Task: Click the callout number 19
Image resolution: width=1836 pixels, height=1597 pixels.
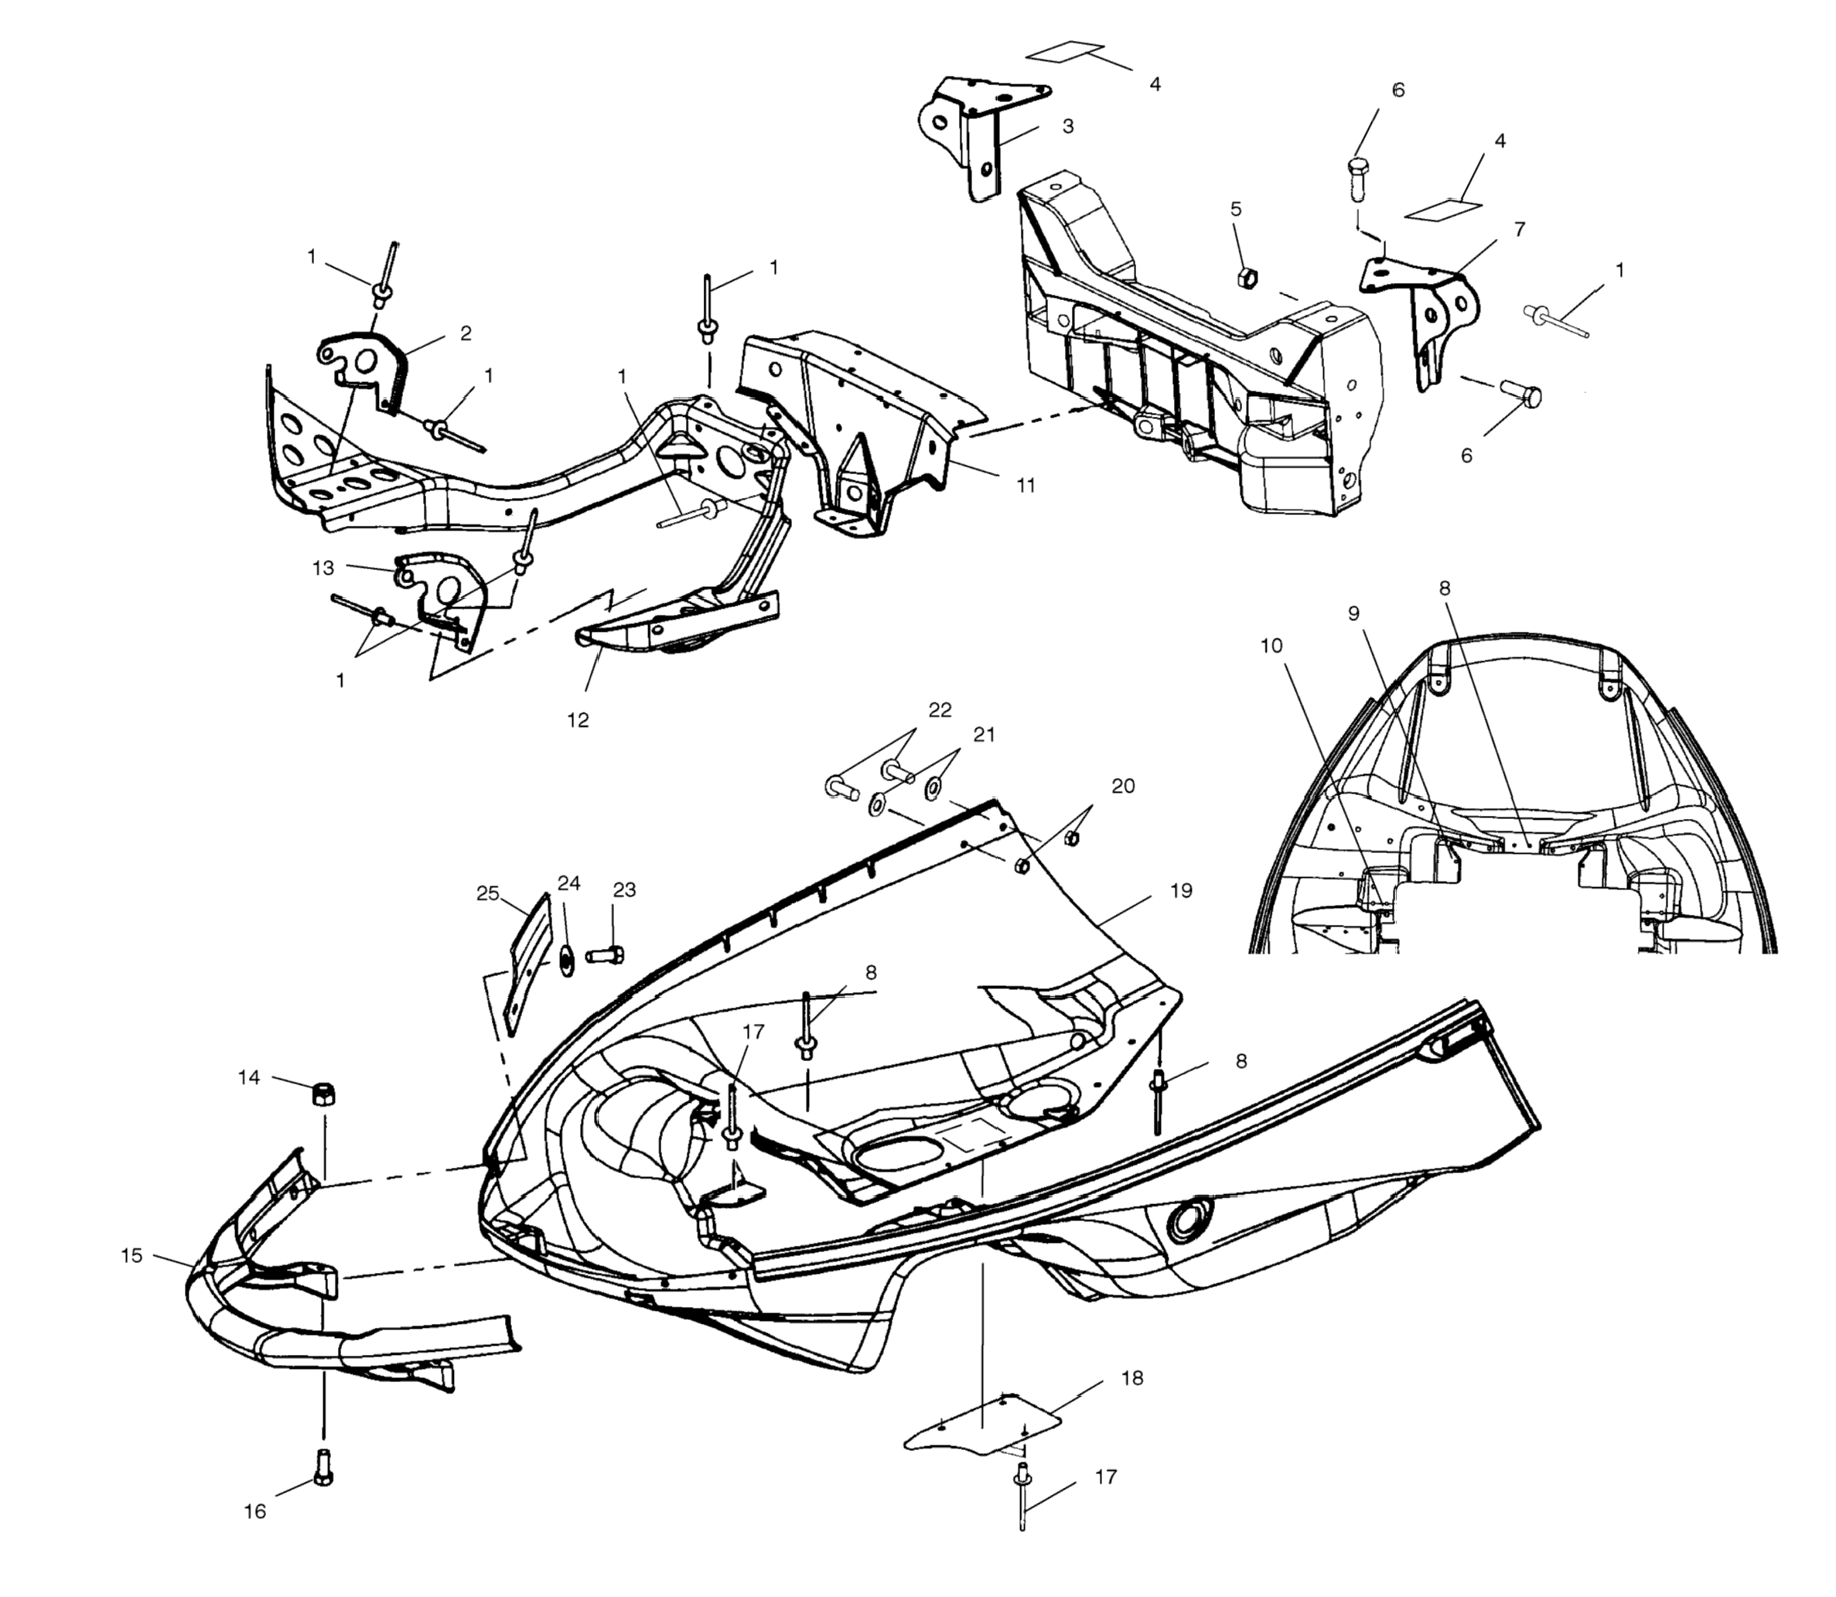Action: (1180, 890)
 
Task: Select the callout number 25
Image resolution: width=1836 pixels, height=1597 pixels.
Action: (487, 893)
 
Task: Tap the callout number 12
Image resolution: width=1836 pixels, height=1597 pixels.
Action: (578, 719)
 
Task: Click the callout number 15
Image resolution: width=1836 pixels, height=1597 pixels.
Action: (132, 1256)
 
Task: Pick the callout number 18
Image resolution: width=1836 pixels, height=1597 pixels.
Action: (1132, 1378)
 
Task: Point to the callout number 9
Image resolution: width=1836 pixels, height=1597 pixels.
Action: (1354, 614)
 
